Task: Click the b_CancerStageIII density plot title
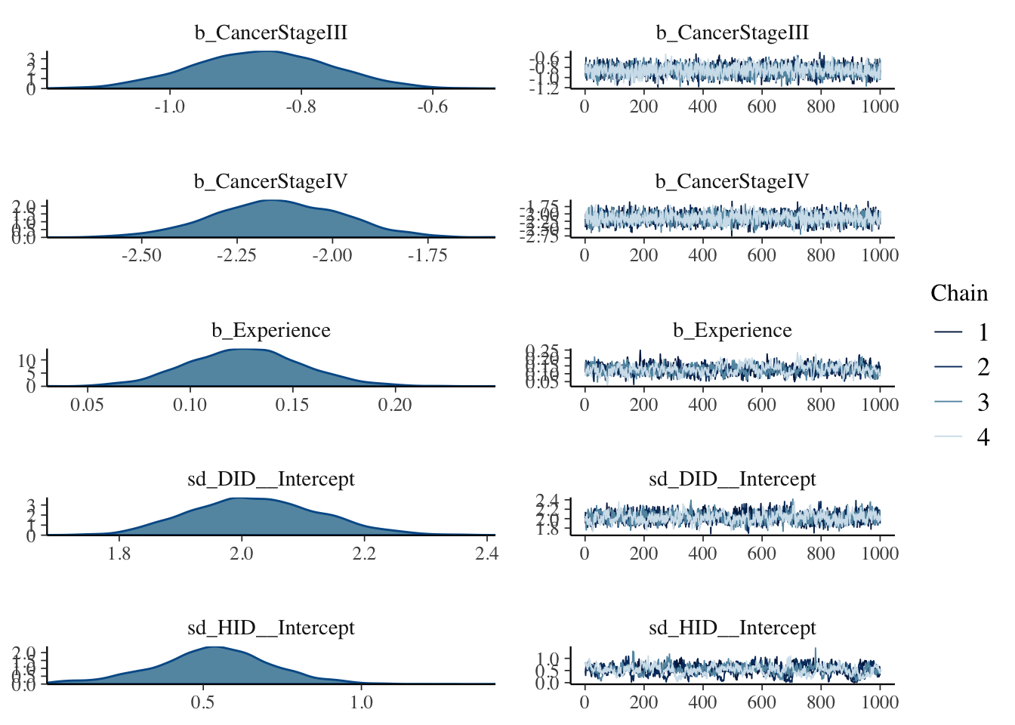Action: click(271, 33)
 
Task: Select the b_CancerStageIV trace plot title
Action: click(732, 182)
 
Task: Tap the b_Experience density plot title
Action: click(271, 331)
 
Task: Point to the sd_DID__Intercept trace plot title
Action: click(732, 480)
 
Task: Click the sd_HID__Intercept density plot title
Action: click(271, 628)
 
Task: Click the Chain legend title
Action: click(958, 293)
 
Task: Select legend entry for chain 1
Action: click(959, 332)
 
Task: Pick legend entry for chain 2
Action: click(959, 367)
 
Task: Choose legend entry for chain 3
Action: click(959, 402)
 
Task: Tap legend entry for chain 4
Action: click(959, 437)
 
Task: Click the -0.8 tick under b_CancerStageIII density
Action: click(301, 106)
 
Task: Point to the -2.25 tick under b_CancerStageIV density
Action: click(236, 255)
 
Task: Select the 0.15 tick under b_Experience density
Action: click(292, 404)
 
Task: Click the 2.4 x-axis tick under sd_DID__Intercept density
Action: click(487, 553)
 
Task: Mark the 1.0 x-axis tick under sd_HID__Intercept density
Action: click(362, 702)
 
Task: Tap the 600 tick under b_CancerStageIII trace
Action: click(761, 106)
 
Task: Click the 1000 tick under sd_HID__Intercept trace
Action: click(880, 702)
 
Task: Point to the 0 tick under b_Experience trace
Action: click(585, 404)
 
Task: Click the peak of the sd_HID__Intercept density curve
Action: click(214, 647)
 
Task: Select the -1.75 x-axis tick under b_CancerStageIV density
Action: click(427, 255)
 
